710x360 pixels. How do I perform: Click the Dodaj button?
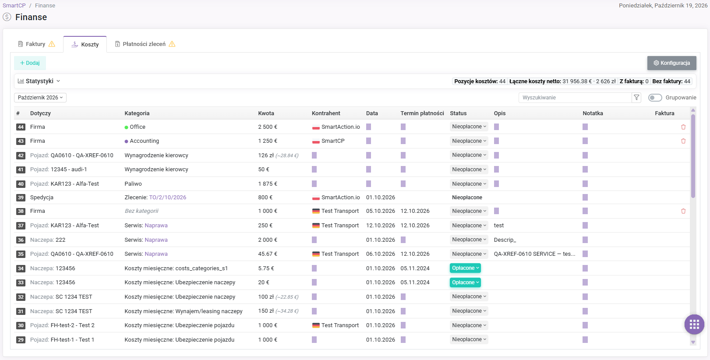pyautogui.click(x=30, y=63)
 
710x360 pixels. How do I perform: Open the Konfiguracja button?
pyautogui.click(x=671, y=63)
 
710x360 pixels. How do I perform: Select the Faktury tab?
pyautogui.click(x=36, y=44)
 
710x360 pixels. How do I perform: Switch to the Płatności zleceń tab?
pyautogui.click(x=145, y=44)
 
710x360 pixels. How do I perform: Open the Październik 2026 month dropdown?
pyautogui.click(x=40, y=98)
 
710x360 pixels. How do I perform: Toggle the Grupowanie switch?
pyautogui.click(x=655, y=98)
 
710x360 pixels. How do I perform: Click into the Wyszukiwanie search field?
pyautogui.click(x=575, y=98)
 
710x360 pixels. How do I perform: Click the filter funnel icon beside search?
pyautogui.click(x=636, y=98)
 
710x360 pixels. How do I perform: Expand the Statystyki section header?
pyautogui.click(x=39, y=81)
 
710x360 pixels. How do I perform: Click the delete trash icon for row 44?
pyautogui.click(x=683, y=127)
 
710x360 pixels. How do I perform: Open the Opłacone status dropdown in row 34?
pyautogui.click(x=465, y=268)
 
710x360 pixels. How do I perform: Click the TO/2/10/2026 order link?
pyautogui.click(x=168, y=198)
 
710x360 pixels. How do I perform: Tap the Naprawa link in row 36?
pyautogui.click(x=156, y=240)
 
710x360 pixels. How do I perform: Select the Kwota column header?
pyautogui.click(x=266, y=113)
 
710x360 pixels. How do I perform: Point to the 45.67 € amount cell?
pyautogui.click(x=265, y=254)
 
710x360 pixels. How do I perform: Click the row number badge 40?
pyautogui.click(x=21, y=184)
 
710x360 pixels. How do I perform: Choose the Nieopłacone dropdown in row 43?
pyautogui.click(x=469, y=141)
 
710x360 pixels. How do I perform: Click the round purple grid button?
pyautogui.click(x=694, y=324)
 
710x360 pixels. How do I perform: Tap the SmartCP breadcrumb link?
pyautogui.click(x=14, y=5)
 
